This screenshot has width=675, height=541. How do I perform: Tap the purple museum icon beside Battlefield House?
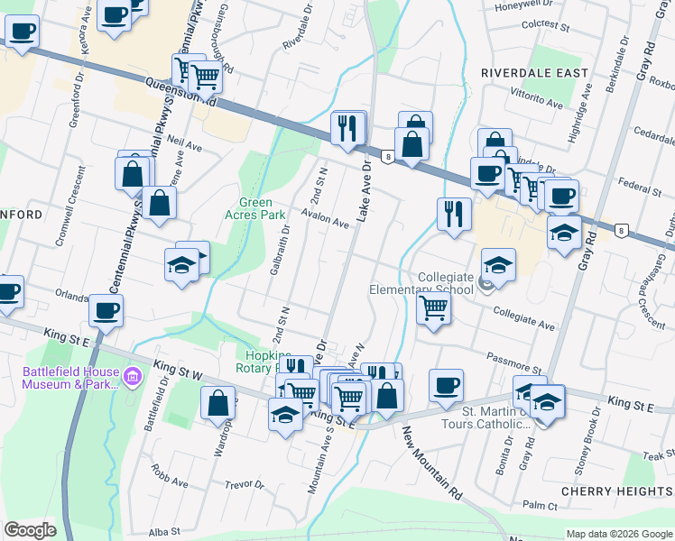(131, 375)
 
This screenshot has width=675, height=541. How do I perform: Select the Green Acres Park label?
(262, 208)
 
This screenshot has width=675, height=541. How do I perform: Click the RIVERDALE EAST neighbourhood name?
(534, 72)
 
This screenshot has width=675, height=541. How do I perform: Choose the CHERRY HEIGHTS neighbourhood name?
(615, 491)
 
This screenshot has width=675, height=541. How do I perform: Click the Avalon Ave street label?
(325, 220)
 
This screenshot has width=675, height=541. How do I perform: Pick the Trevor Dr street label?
(245, 484)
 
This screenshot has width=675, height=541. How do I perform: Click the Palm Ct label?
(541, 507)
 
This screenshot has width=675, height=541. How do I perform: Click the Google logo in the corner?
(30, 530)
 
